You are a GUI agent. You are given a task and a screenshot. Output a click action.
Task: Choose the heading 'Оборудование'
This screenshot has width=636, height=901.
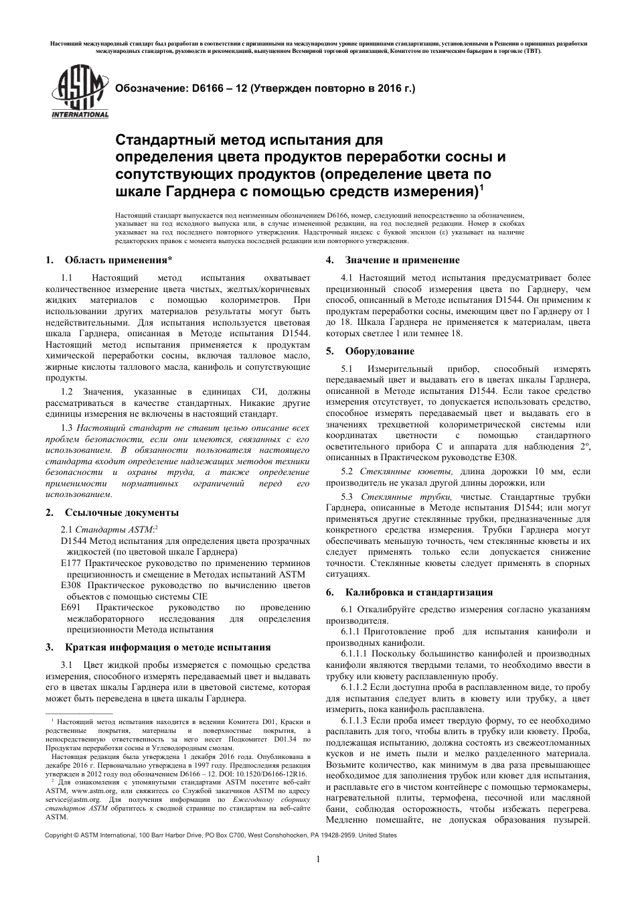pyautogui.click(x=380, y=351)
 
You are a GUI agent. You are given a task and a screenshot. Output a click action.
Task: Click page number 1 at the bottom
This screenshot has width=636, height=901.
pyautogui.click(x=318, y=859)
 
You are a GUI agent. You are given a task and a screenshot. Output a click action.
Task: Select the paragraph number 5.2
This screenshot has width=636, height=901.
pyautogui.click(x=347, y=472)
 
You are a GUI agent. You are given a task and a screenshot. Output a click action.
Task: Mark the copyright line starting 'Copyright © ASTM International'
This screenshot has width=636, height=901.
pyautogui.click(x=220, y=835)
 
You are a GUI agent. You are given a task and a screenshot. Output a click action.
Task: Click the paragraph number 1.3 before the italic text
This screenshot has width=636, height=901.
pyautogui.click(x=66, y=427)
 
